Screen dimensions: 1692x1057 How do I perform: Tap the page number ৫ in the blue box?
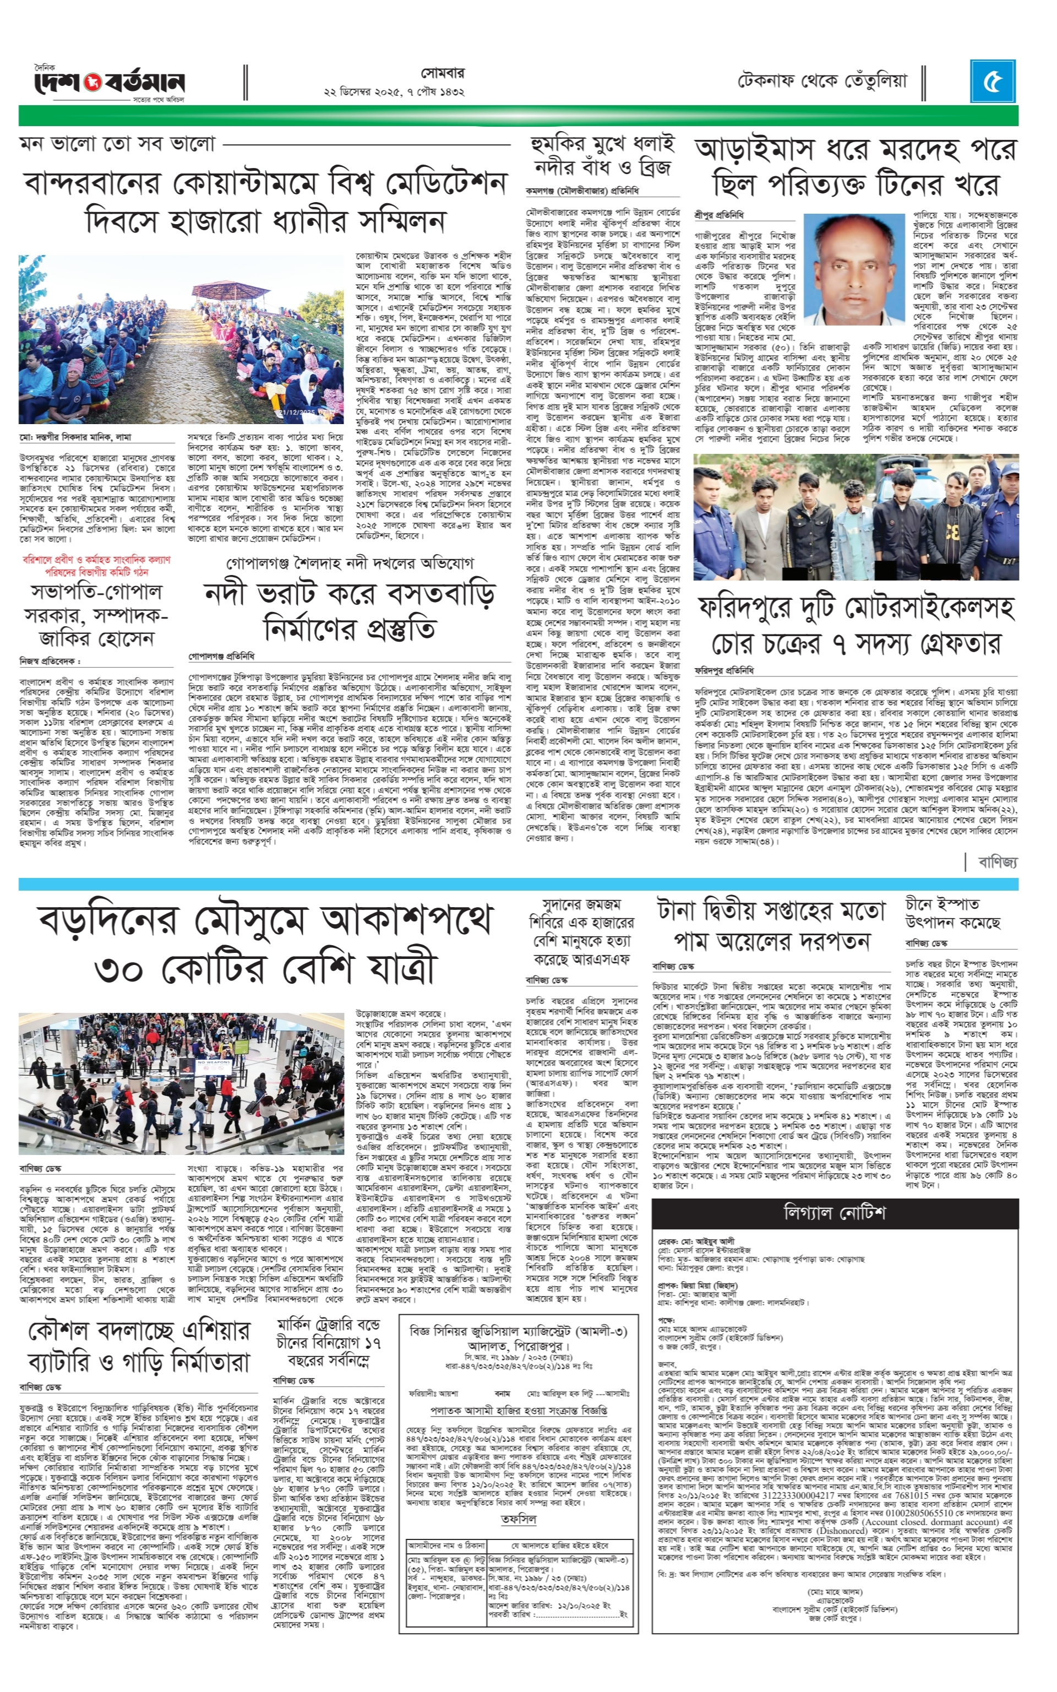[993, 82]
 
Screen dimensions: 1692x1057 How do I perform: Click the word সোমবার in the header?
[443, 73]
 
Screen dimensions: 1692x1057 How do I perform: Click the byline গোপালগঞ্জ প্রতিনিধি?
[221, 657]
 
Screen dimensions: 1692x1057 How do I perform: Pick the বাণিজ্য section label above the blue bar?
[998, 861]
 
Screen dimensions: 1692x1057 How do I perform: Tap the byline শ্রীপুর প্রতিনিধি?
[718, 214]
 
